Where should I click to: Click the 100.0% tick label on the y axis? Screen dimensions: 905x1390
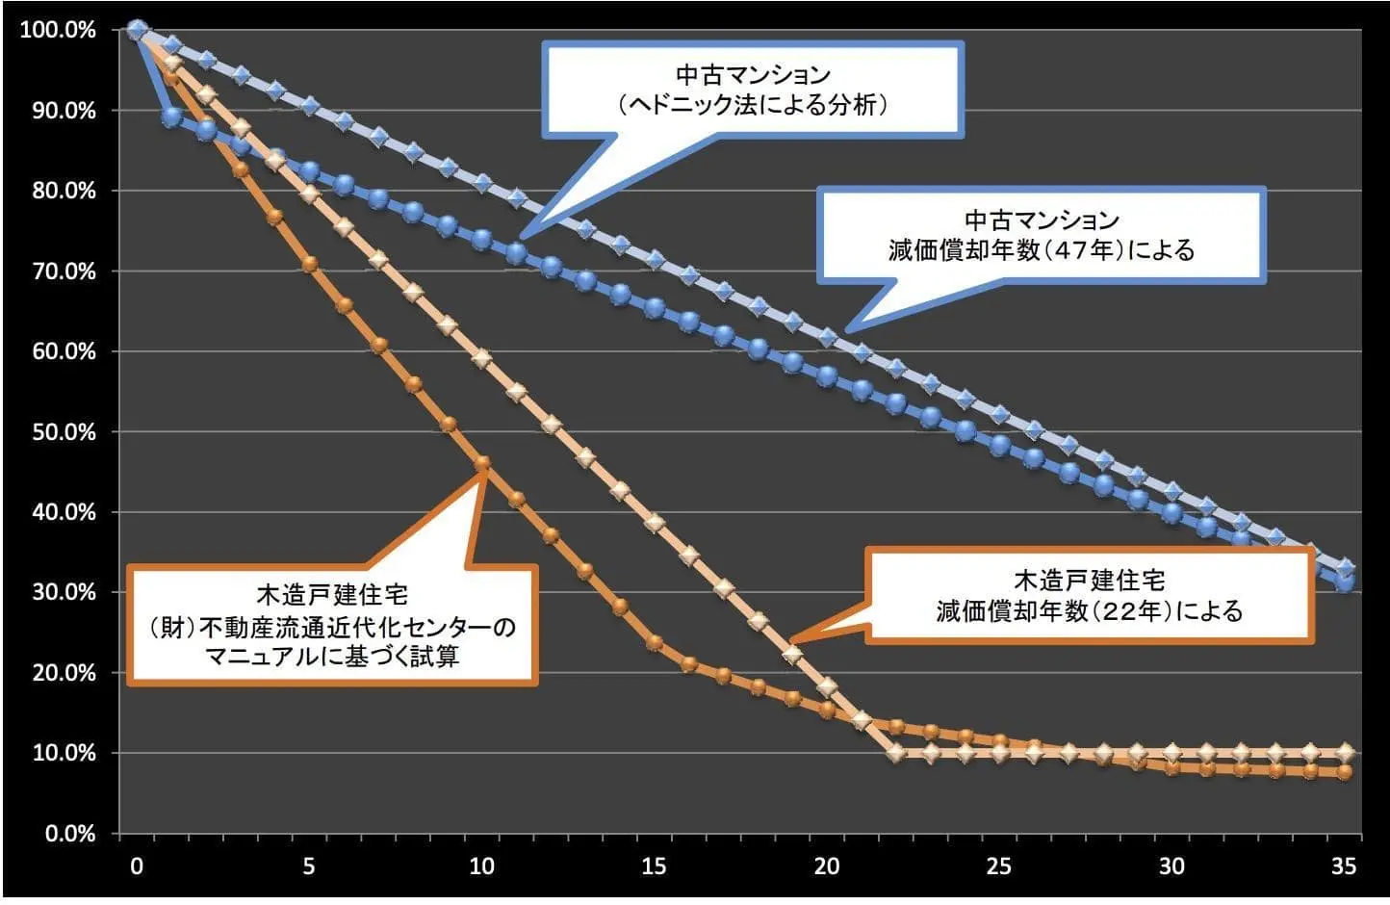coord(58,30)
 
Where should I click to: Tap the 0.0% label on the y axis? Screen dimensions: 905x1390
coord(68,833)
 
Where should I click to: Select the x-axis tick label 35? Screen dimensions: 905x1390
coord(1344,866)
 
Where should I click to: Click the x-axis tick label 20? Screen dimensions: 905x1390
coord(827,866)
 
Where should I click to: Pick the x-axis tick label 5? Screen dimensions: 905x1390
coord(309,866)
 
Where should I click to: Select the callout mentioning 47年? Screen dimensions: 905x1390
coord(1042,236)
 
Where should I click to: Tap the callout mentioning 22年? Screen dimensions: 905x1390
coord(1090,596)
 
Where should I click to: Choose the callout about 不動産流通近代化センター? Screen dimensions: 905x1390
coord(332,627)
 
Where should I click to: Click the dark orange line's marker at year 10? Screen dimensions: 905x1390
coord(482,463)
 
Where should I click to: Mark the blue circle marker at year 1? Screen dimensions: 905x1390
coord(172,117)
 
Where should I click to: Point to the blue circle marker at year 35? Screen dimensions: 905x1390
coord(1345,582)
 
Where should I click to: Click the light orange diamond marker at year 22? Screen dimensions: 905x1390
coord(896,752)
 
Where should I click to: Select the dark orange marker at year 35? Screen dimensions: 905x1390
coord(1345,772)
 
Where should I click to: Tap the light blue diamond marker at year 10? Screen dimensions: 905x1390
coord(482,183)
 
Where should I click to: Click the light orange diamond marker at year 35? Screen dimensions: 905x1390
coord(1345,752)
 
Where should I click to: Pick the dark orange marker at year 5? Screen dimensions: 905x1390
coord(310,264)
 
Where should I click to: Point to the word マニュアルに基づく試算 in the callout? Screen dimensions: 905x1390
coord(332,658)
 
